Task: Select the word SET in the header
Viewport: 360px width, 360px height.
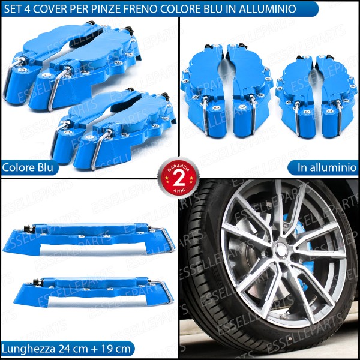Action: coord(13,9)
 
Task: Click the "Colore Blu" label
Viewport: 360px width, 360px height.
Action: coord(28,167)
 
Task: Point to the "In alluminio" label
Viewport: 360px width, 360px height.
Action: coord(327,167)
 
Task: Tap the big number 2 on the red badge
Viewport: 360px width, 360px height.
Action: coord(179,178)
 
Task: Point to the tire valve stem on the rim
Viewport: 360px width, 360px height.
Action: coord(284,316)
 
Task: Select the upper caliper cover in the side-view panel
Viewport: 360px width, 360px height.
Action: coord(89,239)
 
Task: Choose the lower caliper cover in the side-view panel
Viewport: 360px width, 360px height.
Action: coord(94,292)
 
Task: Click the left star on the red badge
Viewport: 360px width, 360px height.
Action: coord(166,178)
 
